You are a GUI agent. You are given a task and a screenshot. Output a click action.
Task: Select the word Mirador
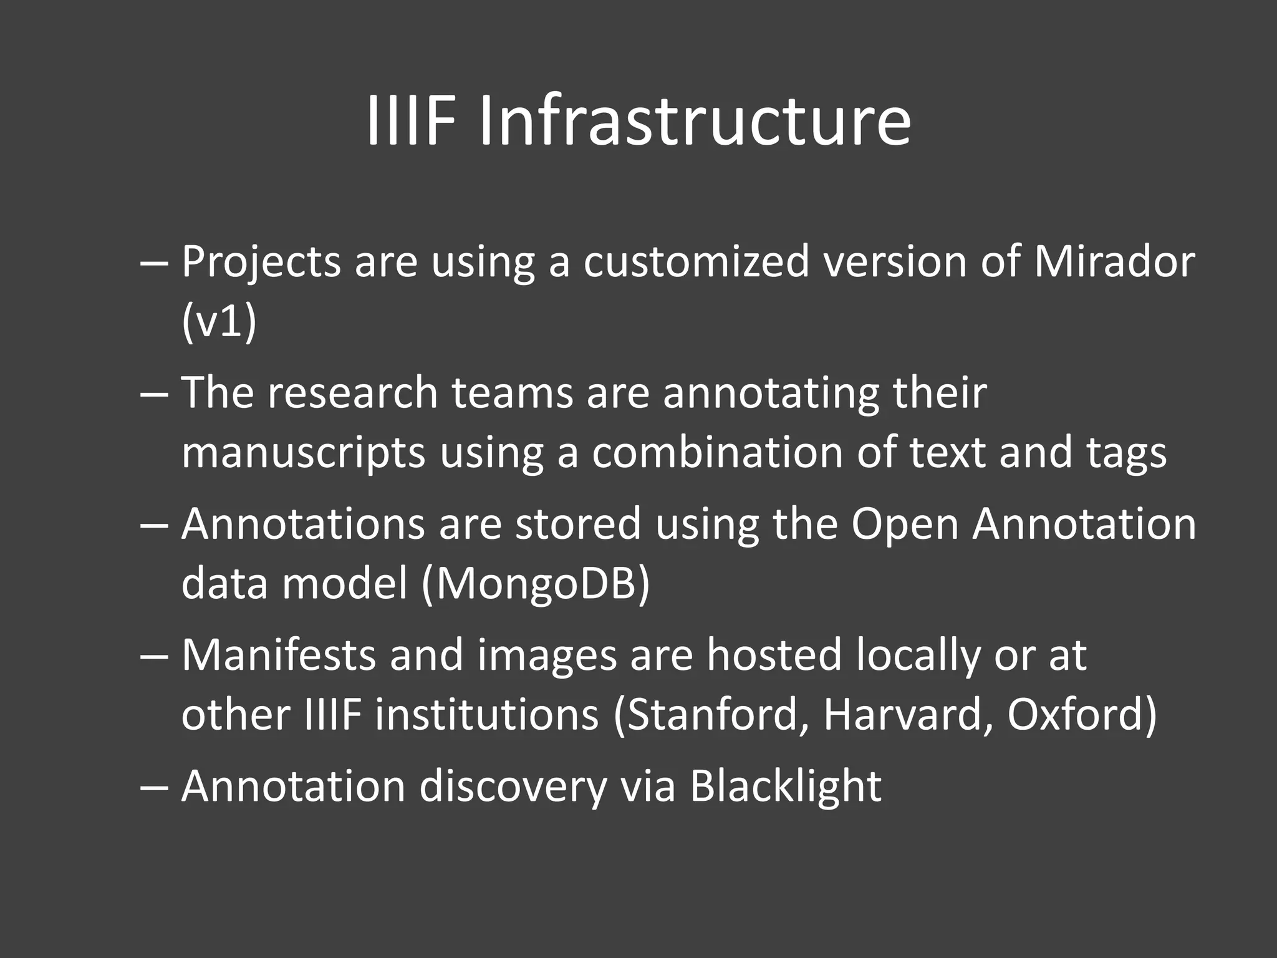1114,262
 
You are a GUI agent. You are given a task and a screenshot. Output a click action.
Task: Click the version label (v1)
219,322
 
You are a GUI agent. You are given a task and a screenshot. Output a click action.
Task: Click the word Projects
261,263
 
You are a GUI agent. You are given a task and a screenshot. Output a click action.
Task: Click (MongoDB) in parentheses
536,584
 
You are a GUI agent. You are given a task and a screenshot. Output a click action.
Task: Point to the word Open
905,525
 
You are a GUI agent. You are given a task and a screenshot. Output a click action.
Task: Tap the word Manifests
279,655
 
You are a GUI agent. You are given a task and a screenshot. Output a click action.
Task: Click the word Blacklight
786,786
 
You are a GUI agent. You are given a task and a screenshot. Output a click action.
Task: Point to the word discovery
513,787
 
